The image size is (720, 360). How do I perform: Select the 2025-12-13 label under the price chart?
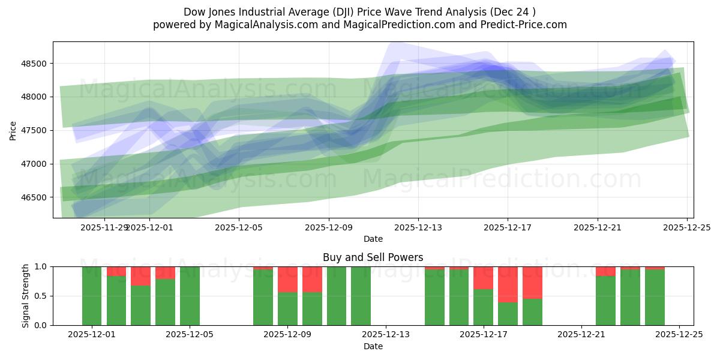click(x=418, y=227)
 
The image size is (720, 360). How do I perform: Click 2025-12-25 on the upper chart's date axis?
click(x=686, y=227)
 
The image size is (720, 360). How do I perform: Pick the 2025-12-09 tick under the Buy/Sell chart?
click(x=287, y=335)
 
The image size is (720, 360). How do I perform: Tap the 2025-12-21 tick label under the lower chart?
click(x=581, y=335)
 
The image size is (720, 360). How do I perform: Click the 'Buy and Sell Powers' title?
click(x=373, y=257)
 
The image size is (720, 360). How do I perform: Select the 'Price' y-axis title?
click(x=13, y=130)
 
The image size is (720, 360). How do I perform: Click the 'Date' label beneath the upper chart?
click(x=373, y=239)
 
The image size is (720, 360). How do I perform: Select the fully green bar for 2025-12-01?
click(x=92, y=296)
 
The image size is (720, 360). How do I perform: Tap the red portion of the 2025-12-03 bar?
click(x=140, y=275)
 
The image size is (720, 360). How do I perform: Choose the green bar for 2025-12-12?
click(x=361, y=296)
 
